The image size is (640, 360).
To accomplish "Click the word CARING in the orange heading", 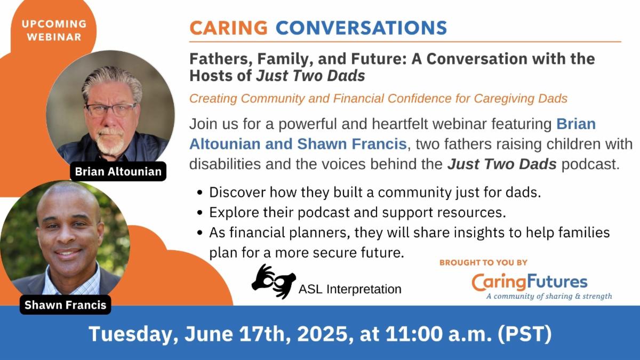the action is pos(228,28).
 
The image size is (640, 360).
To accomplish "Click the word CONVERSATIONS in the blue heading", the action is pos(361,28).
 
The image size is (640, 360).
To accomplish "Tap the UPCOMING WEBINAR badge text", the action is pos(54,30).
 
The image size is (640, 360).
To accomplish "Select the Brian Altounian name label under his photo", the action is pos(118,171).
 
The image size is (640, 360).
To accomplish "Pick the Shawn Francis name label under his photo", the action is pos(66,305).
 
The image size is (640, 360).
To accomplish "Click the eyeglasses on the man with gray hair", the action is pos(111,109).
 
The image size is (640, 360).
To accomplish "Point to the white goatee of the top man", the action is pos(110,141).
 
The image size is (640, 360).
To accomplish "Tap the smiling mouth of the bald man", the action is pos(68,253).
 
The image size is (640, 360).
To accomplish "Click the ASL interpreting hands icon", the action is pos(274,282).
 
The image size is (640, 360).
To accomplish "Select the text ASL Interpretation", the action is pos(350,289).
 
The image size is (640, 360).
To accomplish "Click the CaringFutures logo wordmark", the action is pos(530,282).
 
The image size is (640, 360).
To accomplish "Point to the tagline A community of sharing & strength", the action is pos(549,296).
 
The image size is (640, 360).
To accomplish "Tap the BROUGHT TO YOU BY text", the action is pos(483,262).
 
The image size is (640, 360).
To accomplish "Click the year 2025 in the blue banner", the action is pos(323,334).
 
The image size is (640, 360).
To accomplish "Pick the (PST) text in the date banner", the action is pos(525,334).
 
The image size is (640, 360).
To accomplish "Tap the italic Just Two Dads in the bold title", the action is pos(310,76).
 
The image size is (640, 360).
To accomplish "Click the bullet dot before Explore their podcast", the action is pos(200,213).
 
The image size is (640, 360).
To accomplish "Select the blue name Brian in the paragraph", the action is pos(576,124).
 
